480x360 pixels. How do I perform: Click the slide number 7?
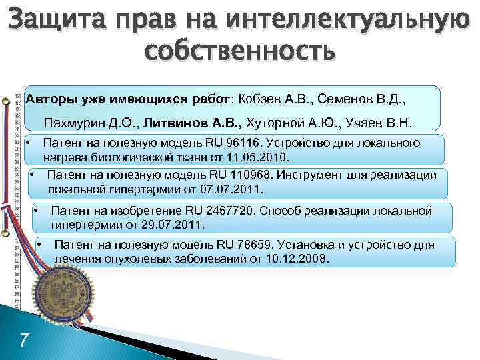24,340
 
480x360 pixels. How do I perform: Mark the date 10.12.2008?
301,259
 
